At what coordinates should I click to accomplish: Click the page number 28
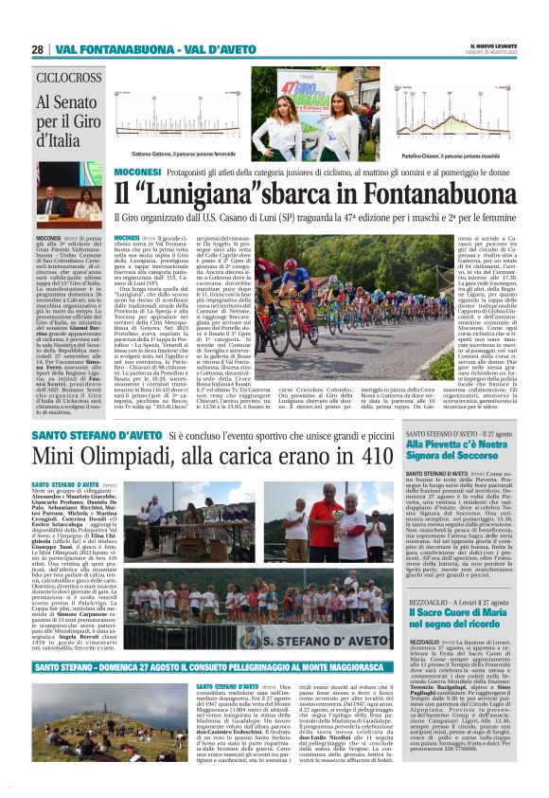(37, 49)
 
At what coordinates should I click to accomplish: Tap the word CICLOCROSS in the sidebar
(69, 77)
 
